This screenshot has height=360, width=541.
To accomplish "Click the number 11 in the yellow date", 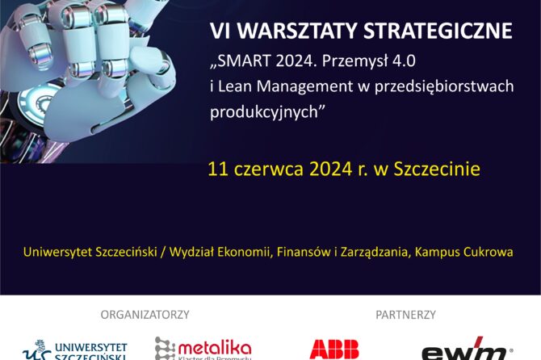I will click(x=216, y=170).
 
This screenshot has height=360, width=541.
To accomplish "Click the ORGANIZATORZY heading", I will click(x=145, y=314).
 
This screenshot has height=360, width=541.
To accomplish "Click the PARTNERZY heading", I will click(x=405, y=314).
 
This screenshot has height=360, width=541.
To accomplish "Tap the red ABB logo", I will click(x=334, y=350).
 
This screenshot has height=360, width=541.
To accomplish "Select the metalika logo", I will click(x=203, y=349).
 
